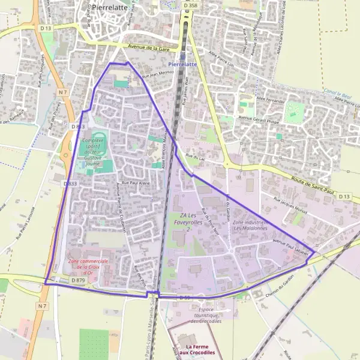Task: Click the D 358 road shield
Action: click(190, 5)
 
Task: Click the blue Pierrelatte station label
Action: click(182, 64)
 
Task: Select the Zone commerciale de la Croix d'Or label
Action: click(88, 266)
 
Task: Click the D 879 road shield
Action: click(78, 280)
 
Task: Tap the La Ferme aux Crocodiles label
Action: click(200, 350)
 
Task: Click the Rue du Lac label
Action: click(196, 156)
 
